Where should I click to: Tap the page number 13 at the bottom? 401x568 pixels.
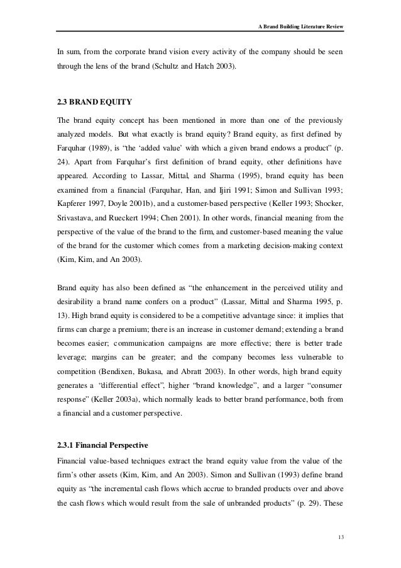[341, 536]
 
